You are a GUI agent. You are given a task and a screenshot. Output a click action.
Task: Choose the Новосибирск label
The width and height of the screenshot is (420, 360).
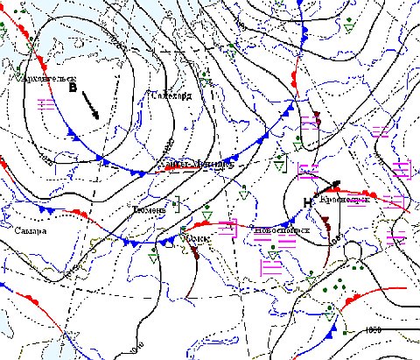(x=277, y=230)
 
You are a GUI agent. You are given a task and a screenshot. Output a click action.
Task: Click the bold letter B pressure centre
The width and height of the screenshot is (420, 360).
(x=73, y=88)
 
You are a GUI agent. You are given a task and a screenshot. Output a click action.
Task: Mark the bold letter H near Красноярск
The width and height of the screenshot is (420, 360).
(x=306, y=203)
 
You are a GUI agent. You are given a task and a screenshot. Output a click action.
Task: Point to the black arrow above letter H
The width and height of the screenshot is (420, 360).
(x=327, y=186)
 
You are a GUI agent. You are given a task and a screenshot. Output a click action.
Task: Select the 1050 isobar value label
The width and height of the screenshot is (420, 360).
(x=374, y=330)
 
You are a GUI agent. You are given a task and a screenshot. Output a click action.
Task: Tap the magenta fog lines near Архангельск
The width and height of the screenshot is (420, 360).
(x=49, y=104)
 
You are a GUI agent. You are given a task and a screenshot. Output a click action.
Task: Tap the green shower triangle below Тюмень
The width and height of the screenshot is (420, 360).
(x=155, y=257)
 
